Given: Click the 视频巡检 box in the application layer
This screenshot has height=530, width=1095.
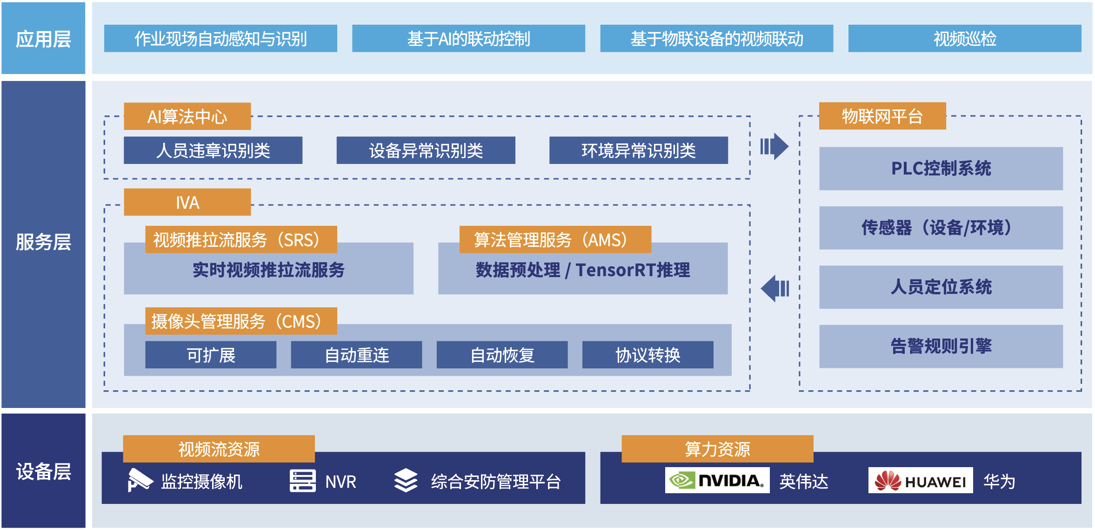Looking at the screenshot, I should point(964,39).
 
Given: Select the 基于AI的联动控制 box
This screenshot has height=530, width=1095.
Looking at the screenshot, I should point(468,39).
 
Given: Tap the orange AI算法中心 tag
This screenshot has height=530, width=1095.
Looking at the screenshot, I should point(187,116).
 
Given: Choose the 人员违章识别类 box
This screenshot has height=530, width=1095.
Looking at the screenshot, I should point(213,150).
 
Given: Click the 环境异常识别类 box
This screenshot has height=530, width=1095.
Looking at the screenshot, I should point(638,150).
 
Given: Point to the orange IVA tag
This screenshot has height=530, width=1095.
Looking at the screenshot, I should point(187,202).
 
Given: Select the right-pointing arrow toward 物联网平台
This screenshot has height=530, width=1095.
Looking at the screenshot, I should point(775,147).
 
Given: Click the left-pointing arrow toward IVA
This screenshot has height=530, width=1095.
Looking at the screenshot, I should point(775,288).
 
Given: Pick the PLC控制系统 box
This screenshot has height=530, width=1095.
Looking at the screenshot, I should point(941,169).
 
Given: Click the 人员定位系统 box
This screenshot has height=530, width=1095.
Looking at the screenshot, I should point(941,287).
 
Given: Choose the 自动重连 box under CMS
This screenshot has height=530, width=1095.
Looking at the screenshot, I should point(356,355).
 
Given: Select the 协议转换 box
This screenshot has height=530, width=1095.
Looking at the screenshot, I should point(648,355).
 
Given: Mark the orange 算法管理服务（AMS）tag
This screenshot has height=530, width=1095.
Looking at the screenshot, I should point(555,240).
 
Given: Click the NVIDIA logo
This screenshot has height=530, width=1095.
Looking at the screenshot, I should point(717,480).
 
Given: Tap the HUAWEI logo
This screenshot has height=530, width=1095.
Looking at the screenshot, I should point(920,481).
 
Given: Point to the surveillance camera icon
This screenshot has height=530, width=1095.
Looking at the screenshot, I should point(140,480).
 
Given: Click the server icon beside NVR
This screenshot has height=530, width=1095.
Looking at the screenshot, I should point(302,481).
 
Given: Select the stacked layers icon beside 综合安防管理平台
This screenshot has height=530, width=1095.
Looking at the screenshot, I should point(406,481).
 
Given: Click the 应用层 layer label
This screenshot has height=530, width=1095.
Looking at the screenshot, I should point(43,39).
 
